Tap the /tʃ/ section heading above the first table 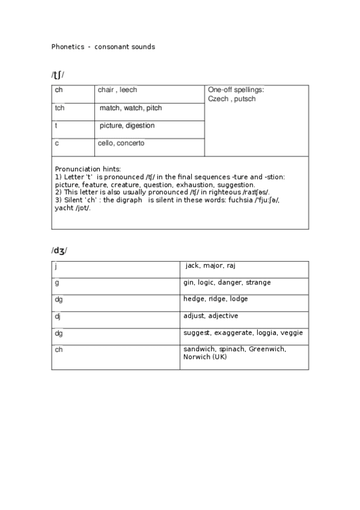click(58, 75)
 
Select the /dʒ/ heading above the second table click(59, 251)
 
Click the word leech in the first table click(128, 90)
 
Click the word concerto click(130, 143)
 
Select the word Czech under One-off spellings click(218, 99)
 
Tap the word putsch click(245, 99)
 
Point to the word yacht click(64, 208)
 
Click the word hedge click(194, 299)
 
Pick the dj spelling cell click(58, 316)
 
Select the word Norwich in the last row click(196, 357)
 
